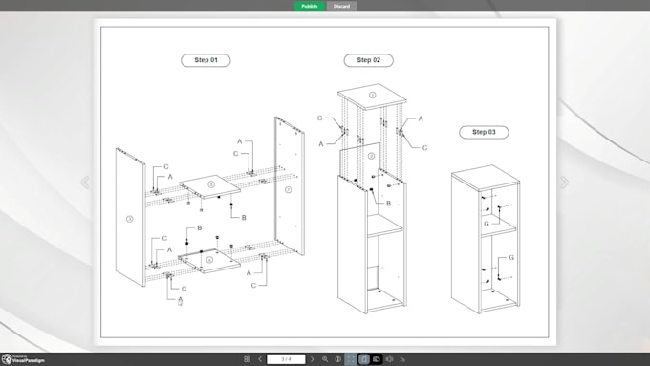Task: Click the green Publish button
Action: [x=310, y=6]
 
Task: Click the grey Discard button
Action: [x=341, y=6]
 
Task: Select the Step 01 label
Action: [x=206, y=60]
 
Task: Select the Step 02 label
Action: [x=368, y=60]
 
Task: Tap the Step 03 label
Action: [x=483, y=132]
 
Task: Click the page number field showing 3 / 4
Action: [x=286, y=359]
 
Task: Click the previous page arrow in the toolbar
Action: [x=260, y=359]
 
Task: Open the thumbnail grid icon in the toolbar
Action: [x=247, y=359]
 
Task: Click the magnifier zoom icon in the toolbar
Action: [x=325, y=359]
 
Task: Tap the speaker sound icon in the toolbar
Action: [x=389, y=359]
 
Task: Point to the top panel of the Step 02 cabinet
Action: [x=373, y=95]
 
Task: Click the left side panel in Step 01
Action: [x=129, y=218]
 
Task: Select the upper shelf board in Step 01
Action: [x=211, y=183]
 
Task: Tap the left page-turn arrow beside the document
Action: [x=85, y=183]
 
